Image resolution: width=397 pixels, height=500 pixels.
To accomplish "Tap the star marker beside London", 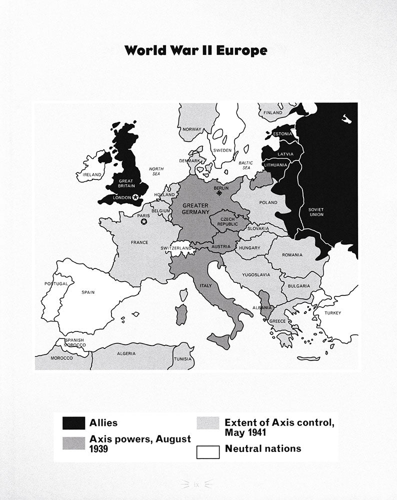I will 135,197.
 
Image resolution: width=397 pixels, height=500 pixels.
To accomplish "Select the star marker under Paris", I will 144,221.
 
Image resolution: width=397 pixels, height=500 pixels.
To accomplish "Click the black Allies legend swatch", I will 73,423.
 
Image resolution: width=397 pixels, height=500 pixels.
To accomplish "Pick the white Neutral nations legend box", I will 207,451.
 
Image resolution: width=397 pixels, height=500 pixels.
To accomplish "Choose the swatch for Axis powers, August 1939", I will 73,443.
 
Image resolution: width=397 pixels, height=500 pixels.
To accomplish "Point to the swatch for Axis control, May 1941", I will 207,423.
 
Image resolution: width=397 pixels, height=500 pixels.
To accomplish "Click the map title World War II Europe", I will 196,50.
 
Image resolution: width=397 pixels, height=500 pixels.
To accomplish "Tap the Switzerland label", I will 176,248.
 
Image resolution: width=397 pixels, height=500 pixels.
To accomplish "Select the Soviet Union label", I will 316,211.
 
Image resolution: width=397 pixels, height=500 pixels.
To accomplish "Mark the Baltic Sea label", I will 246,165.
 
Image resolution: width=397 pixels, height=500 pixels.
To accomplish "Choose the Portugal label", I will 56,283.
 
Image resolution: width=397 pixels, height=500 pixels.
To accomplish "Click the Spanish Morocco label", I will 74,342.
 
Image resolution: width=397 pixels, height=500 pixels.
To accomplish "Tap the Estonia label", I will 283,134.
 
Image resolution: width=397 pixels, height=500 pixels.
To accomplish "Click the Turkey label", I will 332,313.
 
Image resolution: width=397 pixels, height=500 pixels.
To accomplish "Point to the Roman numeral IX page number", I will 196,484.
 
